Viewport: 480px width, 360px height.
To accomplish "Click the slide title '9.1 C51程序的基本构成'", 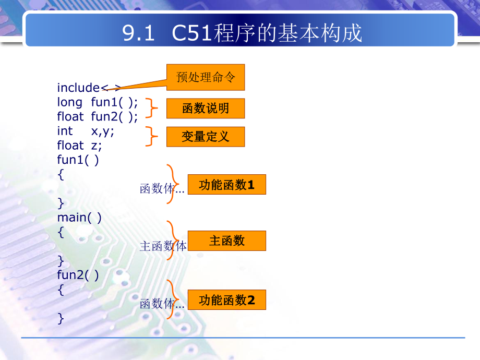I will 242,33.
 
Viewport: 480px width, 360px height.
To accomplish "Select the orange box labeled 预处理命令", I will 206,77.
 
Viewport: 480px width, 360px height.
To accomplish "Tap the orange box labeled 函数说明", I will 206,109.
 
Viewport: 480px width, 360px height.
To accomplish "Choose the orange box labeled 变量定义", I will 206,137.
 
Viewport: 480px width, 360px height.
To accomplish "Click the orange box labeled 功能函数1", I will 227,185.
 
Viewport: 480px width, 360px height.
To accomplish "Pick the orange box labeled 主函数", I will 227,241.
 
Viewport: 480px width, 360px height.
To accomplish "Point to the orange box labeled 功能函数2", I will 227,300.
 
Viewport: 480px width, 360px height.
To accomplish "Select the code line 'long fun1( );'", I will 98,102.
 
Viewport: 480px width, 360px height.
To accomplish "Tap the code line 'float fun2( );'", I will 98,116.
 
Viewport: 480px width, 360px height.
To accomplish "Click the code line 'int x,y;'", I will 86,131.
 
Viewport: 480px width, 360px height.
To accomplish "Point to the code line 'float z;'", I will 80,145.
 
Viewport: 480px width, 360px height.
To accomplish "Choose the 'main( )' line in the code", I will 79,217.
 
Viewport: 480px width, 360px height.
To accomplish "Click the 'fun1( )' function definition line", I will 78,160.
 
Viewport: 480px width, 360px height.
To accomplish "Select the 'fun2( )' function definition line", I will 78,274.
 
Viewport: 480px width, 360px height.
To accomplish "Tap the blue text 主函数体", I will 163,246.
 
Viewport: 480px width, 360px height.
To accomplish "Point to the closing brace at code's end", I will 61,317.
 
